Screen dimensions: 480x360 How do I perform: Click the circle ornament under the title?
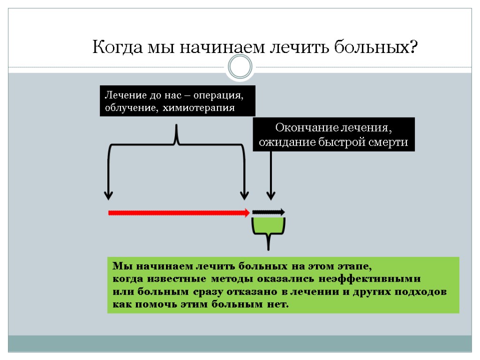tap(240, 67)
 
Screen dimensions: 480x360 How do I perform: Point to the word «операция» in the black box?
tap(221, 96)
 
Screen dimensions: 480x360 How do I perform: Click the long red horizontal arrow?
tap(178, 213)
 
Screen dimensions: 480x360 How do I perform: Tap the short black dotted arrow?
tap(268, 212)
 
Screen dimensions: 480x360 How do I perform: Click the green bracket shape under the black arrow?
tap(269, 227)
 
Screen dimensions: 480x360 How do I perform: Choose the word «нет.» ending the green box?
tap(278, 305)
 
